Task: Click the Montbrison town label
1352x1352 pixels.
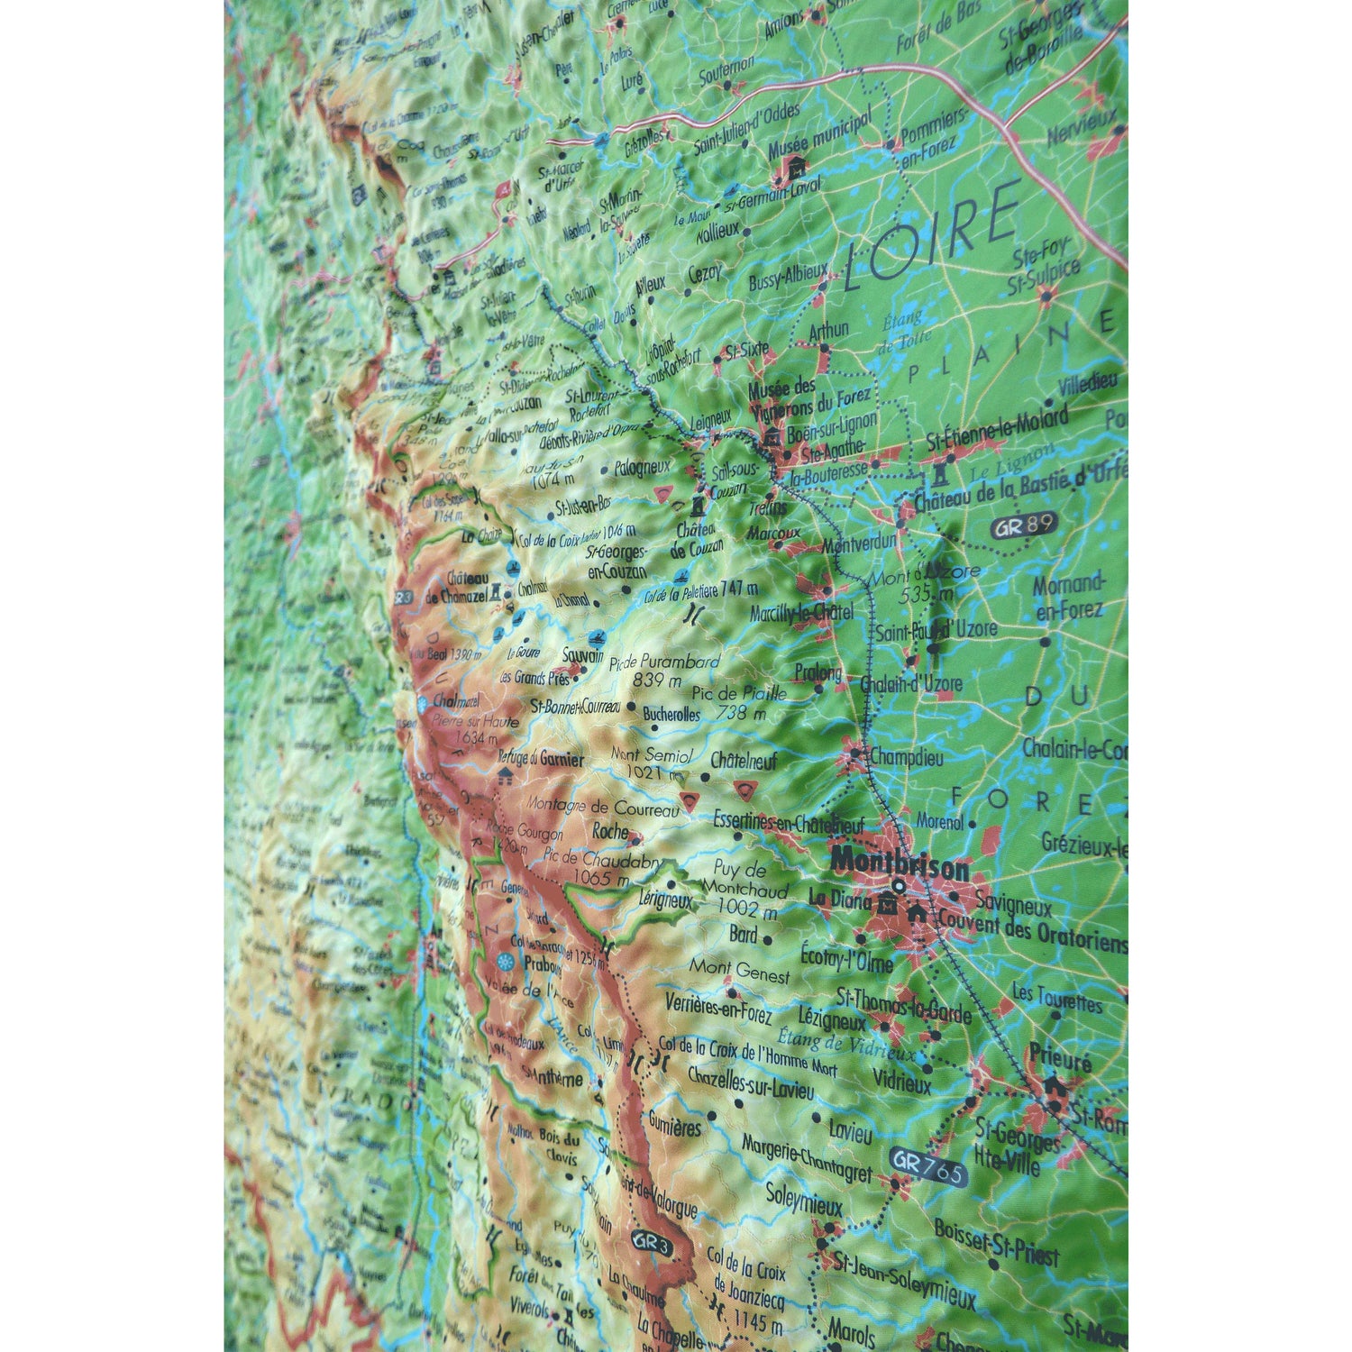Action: coord(900,863)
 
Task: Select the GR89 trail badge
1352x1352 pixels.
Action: coord(1023,526)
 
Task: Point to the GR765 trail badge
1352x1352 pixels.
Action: coord(927,1167)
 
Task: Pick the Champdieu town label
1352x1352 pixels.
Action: coord(906,757)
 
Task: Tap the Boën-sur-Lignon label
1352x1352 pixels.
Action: coord(831,426)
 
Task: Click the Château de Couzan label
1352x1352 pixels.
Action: coord(698,539)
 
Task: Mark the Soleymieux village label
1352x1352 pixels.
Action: coord(803,1200)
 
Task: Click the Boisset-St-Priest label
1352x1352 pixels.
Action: coord(997,1242)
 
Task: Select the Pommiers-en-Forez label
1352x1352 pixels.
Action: coord(933,135)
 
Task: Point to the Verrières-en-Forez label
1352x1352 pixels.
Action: coord(718,1008)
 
